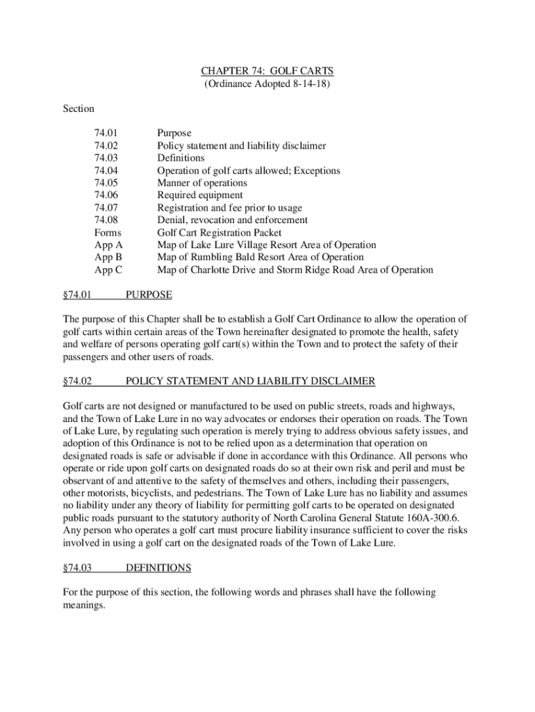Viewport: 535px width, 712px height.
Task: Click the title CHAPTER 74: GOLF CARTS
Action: (x=267, y=71)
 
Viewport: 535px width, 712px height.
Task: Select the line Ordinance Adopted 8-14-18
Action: (x=267, y=83)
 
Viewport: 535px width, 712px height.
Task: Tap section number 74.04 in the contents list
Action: (x=106, y=170)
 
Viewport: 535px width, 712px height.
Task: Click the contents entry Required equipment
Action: (x=199, y=195)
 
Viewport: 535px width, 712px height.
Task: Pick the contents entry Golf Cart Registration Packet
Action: (x=220, y=233)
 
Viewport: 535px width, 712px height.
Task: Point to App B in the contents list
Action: (x=108, y=257)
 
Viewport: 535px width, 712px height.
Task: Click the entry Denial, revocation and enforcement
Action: (x=232, y=220)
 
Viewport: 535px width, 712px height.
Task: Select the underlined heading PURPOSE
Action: (x=148, y=295)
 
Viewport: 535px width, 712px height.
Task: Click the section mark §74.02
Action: (x=77, y=381)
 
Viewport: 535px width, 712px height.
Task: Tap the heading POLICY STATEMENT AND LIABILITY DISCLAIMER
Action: (x=250, y=381)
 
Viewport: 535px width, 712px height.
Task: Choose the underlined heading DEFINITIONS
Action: (x=158, y=568)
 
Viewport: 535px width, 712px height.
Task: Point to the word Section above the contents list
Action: (x=79, y=108)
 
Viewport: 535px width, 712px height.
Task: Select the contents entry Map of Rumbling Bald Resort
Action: (x=260, y=257)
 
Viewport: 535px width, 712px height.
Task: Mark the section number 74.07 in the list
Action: (x=106, y=208)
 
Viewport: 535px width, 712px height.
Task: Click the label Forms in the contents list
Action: (x=108, y=233)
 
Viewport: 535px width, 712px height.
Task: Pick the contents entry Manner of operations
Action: (x=201, y=183)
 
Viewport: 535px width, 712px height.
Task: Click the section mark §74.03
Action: (x=77, y=568)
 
